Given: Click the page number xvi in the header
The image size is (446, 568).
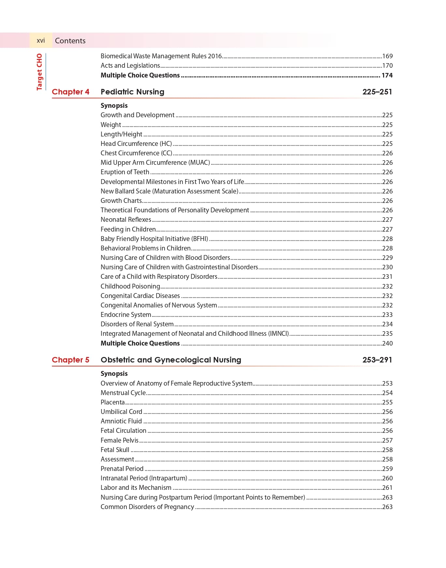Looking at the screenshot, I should tap(41, 41).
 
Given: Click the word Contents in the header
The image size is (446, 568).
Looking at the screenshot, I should tap(70, 41).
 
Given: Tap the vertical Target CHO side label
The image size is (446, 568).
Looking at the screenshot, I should tap(39, 72).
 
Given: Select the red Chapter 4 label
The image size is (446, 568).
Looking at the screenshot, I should tap(70, 92).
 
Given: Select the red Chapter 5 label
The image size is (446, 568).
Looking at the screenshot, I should tap(70, 360).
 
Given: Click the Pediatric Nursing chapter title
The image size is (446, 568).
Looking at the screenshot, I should tap(132, 92).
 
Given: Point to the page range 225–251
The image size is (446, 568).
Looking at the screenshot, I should tap(377, 92).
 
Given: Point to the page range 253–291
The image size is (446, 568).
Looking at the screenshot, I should tap(377, 360).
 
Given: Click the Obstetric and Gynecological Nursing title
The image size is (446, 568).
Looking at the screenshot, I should tap(171, 360).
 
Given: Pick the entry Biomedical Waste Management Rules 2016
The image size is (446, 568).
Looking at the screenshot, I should tap(161, 56).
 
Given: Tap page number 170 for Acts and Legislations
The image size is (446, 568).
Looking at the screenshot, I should tap(387, 66).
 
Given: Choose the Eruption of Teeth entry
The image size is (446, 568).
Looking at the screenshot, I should tap(125, 172).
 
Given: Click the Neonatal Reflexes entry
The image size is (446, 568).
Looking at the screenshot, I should tap(126, 220).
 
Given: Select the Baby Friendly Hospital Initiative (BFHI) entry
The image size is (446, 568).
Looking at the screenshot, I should tap(154, 239).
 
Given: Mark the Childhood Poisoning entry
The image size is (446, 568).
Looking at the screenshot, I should tap(130, 286).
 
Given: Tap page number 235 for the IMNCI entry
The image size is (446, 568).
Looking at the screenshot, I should tap(387, 334).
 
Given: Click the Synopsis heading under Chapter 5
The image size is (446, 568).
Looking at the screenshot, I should tap(114, 374).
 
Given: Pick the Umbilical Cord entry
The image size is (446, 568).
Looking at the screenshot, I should tap(121, 412).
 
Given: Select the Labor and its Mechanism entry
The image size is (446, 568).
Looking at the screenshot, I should tap(136, 488).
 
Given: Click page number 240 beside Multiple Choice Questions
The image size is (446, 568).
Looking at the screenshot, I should tap(387, 343).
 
